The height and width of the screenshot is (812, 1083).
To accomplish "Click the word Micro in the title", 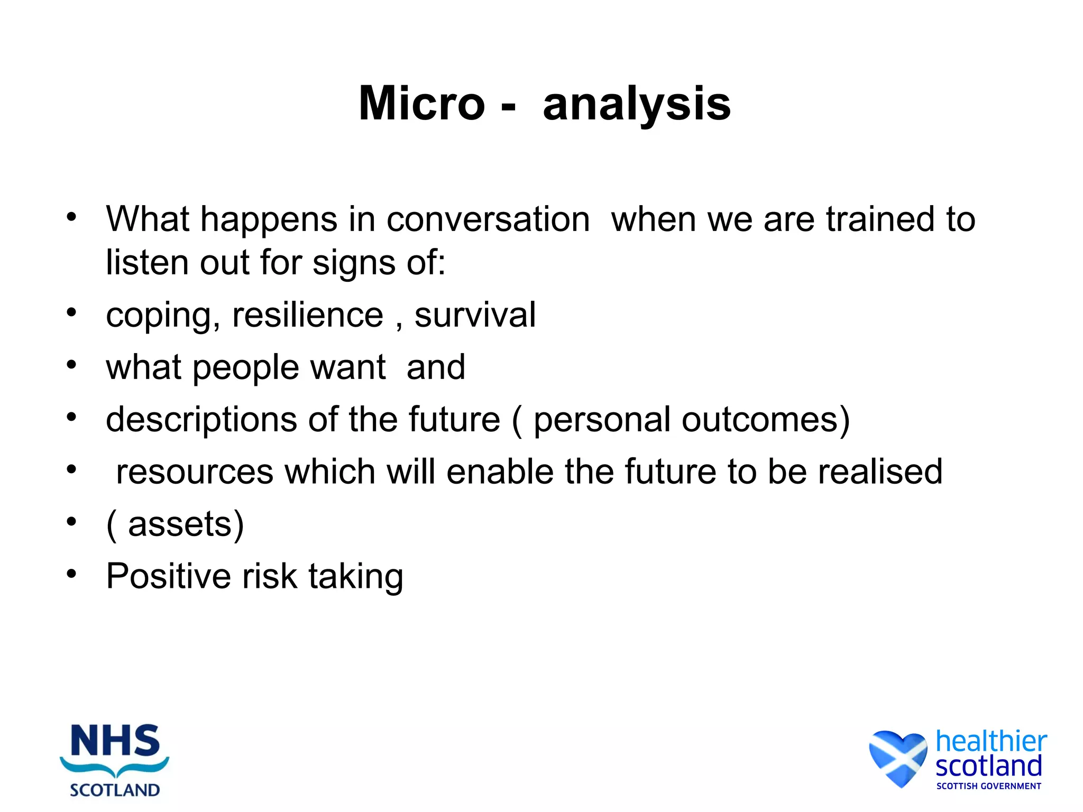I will (x=421, y=104).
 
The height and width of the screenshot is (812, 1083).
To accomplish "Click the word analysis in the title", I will (x=637, y=105).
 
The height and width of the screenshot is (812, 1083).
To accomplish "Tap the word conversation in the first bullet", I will (x=488, y=219).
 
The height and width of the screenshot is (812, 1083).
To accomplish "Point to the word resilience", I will (x=307, y=315).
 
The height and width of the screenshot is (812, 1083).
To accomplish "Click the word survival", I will (x=475, y=315).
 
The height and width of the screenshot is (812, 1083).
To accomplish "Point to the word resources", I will (x=195, y=472).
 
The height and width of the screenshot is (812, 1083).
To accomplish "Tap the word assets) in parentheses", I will (x=185, y=524).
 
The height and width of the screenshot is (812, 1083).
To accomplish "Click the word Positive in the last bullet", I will (x=168, y=576).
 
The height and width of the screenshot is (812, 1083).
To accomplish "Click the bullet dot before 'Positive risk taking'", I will (x=72, y=574).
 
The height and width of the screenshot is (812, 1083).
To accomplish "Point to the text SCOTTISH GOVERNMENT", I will (x=988, y=786).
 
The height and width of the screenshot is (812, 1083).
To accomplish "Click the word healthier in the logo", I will (x=990, y=741).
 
